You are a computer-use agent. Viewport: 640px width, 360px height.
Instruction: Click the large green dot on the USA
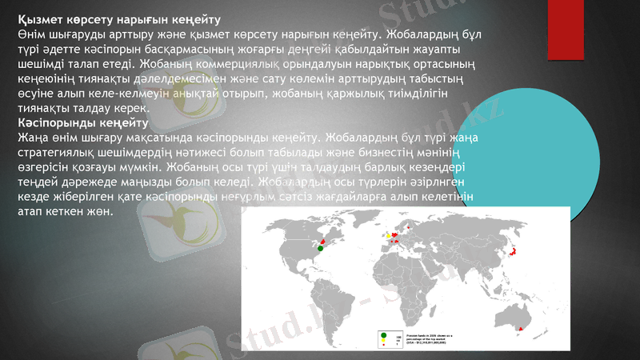click(x=320, y=249)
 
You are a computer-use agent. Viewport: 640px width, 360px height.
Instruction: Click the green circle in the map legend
click(x=385, y=334)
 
